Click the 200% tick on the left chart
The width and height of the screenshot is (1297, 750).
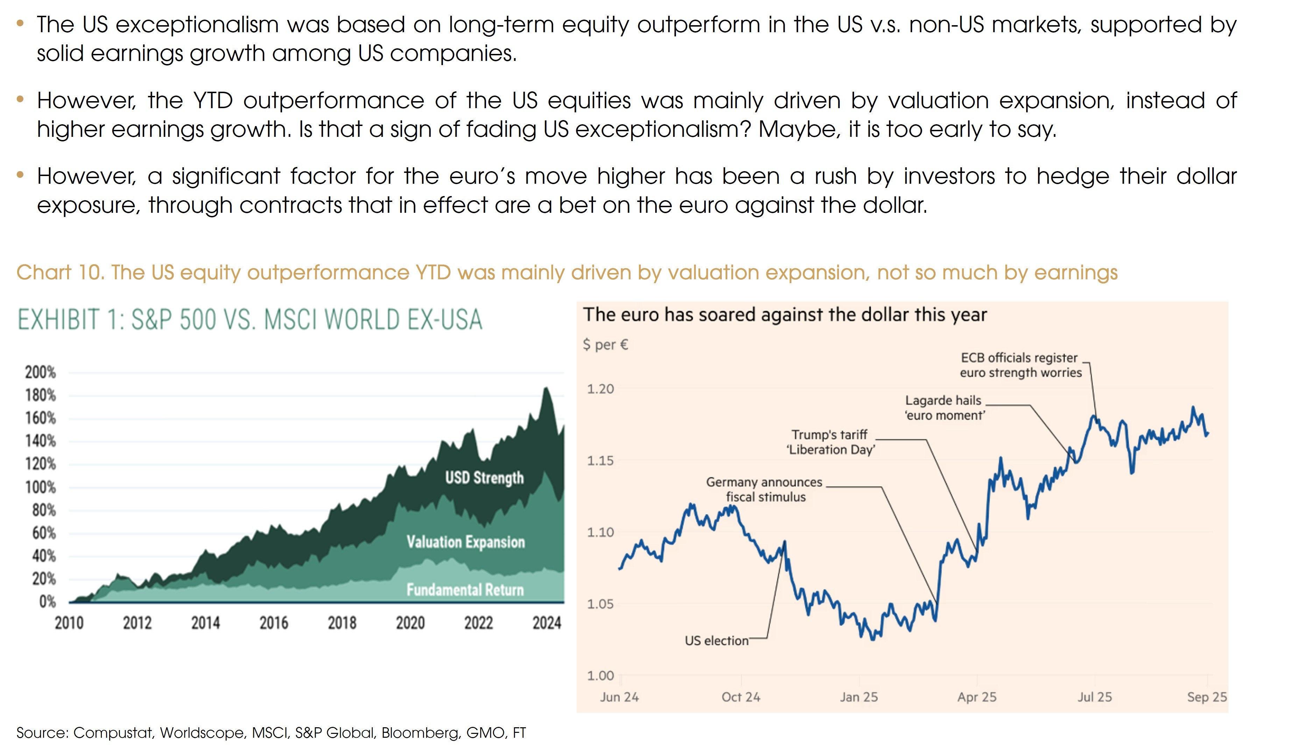click(x=40, y=372)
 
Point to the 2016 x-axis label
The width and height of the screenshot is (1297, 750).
click(x=273, y=623)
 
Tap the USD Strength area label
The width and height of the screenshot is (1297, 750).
click(x=484, y=478)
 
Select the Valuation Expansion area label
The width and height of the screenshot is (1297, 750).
click(x=465, y=542)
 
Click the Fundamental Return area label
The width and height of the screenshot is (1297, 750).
click(x=465, y=590)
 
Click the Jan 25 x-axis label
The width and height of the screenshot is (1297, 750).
click(x=859, y=697)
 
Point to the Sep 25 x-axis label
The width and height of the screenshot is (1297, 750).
click(x=1206, y=697)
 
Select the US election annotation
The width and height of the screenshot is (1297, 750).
click(x=716, y=641)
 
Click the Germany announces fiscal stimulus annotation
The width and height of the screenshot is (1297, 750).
click(x=764, y=490)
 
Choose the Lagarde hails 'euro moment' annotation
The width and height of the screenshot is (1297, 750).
click(x=944, y=408)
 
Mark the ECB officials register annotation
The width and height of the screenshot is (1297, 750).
click(x=1020, y=365)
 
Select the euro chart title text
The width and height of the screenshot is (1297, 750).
click(x=784, y=315)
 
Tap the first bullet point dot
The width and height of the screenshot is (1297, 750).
click(x=20, y=23)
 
